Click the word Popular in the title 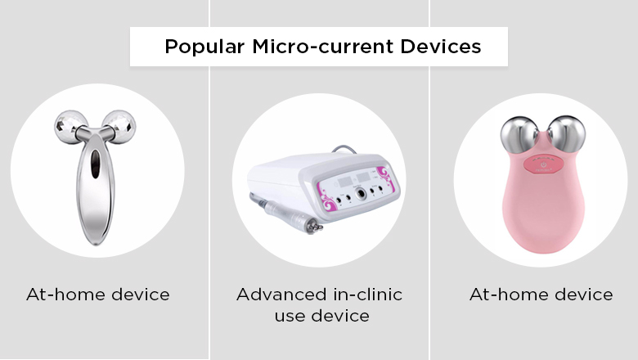[204, 47]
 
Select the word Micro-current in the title [323, 47]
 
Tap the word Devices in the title [441, 47]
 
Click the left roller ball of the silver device [70, 127]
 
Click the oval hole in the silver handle [95, 164]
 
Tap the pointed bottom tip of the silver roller [96, 243]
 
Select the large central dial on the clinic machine [361, 194]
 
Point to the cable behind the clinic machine [344, 149]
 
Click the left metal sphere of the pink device [519, 135]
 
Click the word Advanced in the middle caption [281, 295]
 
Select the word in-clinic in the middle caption [368, 295]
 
